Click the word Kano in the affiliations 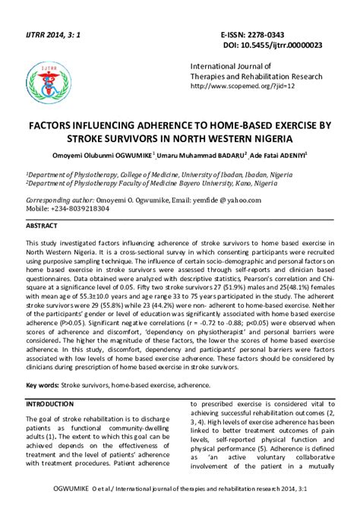pos(251,182)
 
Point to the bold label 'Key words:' pos(43,386)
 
